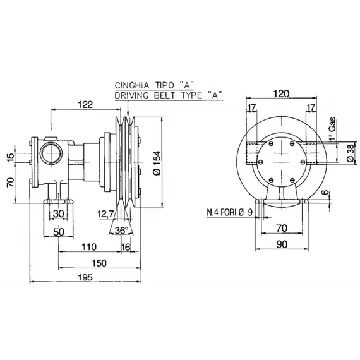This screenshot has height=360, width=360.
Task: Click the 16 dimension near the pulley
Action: (126, 246)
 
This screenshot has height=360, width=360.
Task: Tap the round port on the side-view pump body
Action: (49, 152)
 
